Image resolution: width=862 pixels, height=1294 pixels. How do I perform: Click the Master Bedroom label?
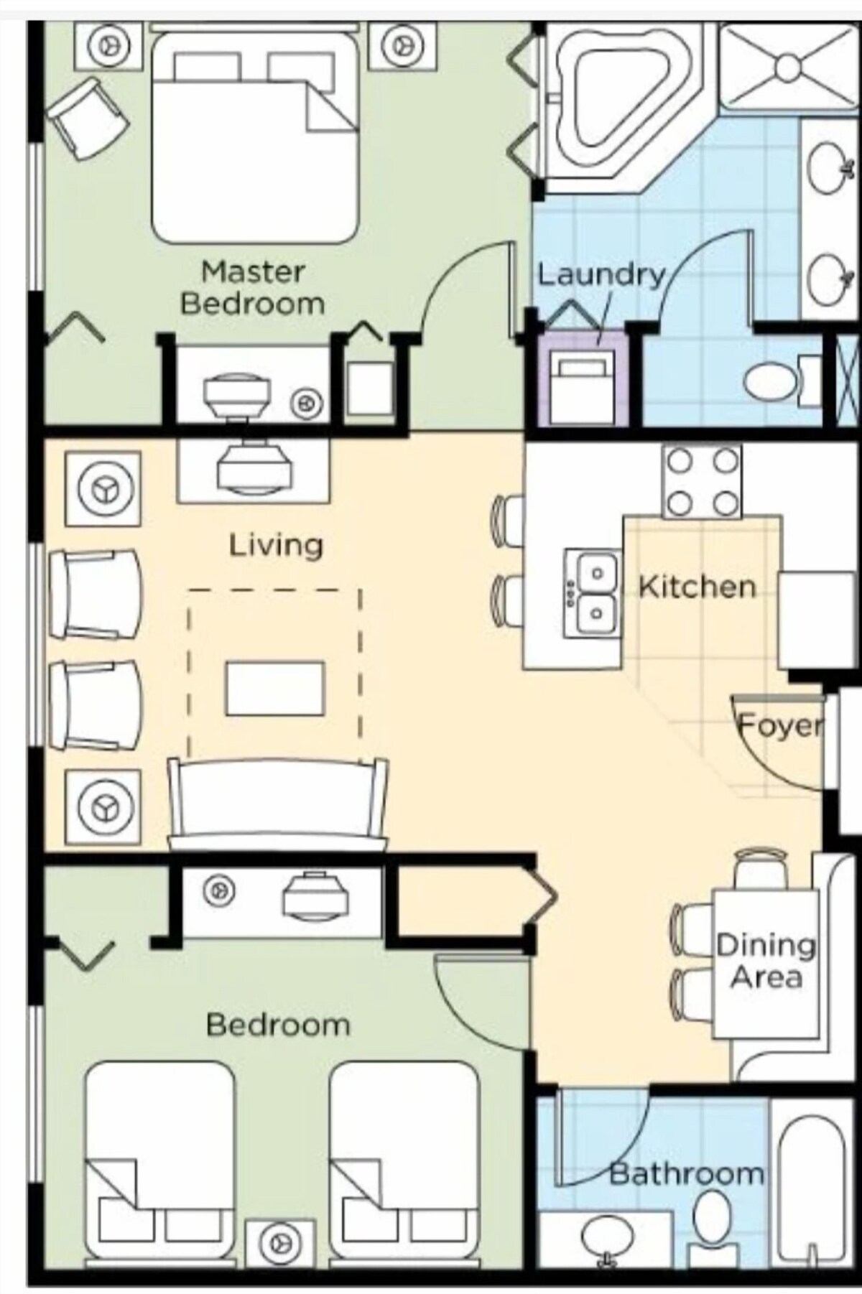click(x=252, y=288)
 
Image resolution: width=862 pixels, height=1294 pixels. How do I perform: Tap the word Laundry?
click(x=602, y=275)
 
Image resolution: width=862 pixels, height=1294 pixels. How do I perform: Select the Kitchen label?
click(x=697, y=587)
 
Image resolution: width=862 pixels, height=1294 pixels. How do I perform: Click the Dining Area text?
click(x=766, y=961)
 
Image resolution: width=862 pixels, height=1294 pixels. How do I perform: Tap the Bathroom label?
click(x=686, y=1174)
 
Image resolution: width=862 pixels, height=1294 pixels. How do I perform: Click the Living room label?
click(x=276, y=545)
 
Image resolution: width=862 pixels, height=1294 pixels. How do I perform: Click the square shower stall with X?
click(x=787, y=66)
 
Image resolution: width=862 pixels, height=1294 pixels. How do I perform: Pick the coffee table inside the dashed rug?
click(x=275, y=689)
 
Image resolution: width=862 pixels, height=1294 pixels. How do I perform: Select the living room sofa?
click(x=277, y=804)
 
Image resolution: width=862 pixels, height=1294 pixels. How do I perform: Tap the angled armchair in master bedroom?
click(x=88, y=118)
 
